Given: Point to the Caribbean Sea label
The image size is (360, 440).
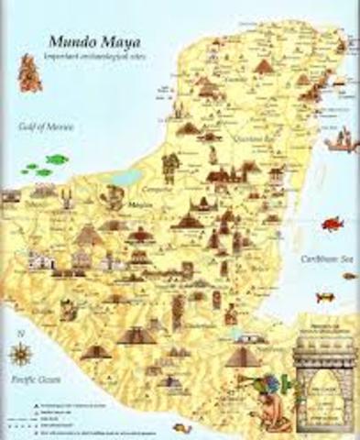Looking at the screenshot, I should pos(328,259).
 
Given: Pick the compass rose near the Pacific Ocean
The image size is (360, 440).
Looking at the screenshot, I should pos(20,354).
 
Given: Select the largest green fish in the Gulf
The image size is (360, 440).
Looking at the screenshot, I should pos(57,159).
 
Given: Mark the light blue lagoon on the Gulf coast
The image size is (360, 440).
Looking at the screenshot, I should pos(128,177).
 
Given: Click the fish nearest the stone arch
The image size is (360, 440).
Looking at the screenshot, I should pos(325,298).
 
